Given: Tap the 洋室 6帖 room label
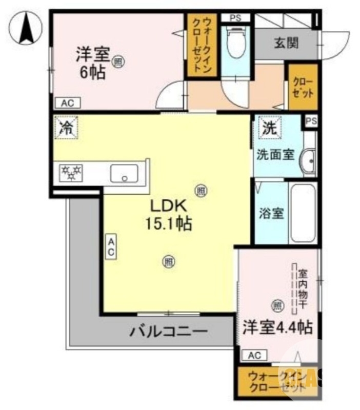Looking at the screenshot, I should [92, 62].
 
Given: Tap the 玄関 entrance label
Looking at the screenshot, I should [286, 43].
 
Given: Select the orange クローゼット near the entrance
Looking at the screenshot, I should [303, 87].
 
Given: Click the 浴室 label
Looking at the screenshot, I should [270, 214].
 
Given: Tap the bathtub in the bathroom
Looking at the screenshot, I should [303, 213].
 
